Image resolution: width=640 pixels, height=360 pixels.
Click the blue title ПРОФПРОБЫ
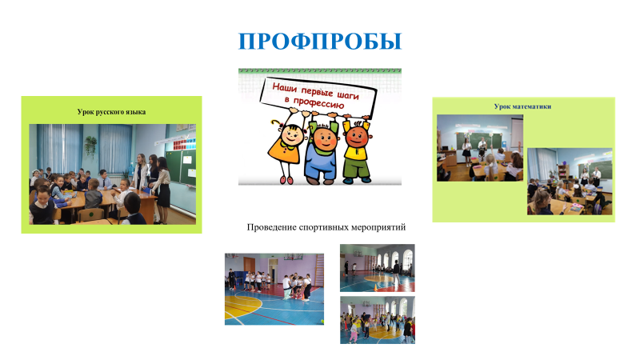pyautogui.click(x=320, y=42)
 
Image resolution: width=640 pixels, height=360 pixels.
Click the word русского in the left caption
pyautogui.click(x=112, y=112)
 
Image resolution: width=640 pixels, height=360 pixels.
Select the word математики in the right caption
pyautogui.click(x=531, y=106)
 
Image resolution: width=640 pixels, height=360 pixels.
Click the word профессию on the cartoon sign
pyautogui.click(x=318, y=103)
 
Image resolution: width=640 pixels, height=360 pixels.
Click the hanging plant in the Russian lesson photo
pyautogui.click(x=90, y=146)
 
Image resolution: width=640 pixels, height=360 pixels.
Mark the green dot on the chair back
pyautogui.click(x=91, y=213)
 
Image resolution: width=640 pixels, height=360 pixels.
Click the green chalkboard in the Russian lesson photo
pyautogui.click(x=181, y=166)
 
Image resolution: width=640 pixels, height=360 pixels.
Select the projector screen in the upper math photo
pyautogui.click(x=517, y=133)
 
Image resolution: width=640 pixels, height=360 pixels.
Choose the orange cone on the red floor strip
pyautogui.click(x=375, y=288)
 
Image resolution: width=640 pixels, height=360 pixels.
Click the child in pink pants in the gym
pyautogui.click(x=354, y=330)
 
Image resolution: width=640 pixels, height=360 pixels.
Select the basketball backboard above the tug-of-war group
pyautogui.click(x=293, y=257)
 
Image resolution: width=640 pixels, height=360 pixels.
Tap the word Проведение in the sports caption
pyautogui.click(x=271, y=227)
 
